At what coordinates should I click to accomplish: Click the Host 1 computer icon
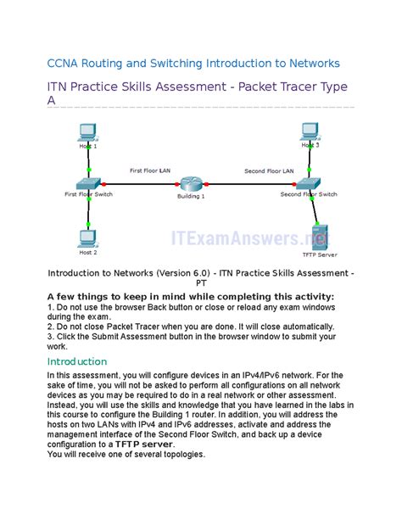[86, 131]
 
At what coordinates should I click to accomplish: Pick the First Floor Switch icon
[87, 183]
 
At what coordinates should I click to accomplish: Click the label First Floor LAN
[150, 171]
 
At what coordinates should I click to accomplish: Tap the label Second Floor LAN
[269, 171]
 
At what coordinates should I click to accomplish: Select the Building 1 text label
[191, 196]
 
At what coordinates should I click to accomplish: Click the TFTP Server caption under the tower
[320, 254]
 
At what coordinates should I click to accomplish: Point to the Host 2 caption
[88, 253]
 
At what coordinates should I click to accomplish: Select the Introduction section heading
[77, 361]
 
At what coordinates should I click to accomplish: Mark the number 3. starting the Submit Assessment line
[51, 336]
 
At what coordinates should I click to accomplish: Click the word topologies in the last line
[179, 455]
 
